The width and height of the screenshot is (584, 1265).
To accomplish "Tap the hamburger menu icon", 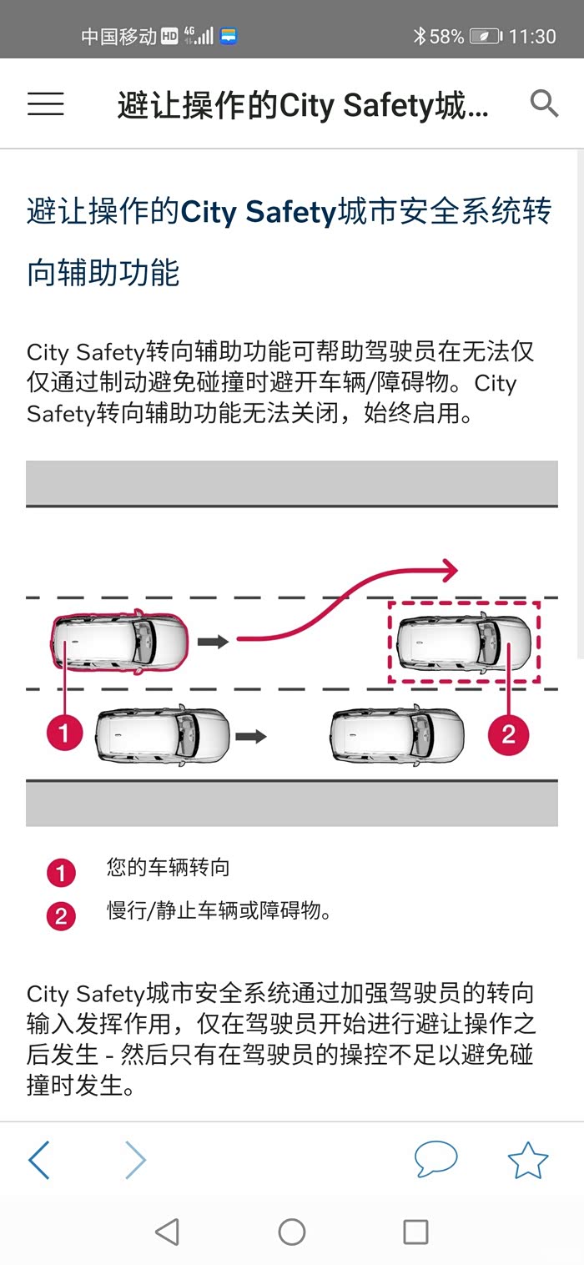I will coord(46,103).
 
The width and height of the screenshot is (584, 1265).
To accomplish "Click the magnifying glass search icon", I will coord(544,103).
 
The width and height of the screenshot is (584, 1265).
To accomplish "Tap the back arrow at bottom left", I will coord(39,1160).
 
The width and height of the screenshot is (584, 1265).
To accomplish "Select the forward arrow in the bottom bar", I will coord(135,1160).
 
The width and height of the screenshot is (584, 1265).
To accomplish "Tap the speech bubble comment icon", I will coord(435,1158).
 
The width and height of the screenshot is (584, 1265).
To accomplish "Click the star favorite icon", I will coord(528,1160).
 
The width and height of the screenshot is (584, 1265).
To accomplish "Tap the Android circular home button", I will coord(291,1232).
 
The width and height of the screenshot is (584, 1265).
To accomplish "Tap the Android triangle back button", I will coord(168,1232).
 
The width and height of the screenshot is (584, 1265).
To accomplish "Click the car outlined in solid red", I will coord(119,642).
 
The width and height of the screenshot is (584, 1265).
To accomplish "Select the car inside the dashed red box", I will coord(463,642).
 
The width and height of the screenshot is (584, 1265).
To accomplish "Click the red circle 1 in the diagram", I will coord(64,733).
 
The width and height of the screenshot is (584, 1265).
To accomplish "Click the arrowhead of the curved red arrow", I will coord(451,571).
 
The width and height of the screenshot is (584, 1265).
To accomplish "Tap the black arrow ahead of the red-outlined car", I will coord(213,642).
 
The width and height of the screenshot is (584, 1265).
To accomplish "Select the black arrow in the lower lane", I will coord(250,737).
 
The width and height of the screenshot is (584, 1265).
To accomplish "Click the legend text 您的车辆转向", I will coord(168,868).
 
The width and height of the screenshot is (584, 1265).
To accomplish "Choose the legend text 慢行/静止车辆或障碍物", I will coord(219,910).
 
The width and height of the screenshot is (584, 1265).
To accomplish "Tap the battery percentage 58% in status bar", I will coord(446,37).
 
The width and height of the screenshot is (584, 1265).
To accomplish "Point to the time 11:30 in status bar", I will coord(531,37).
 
